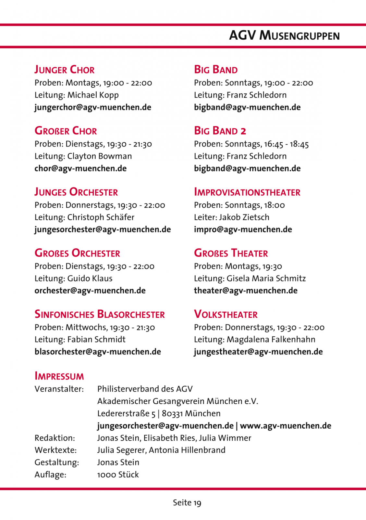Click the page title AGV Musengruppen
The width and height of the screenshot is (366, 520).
click(x=284, y=35)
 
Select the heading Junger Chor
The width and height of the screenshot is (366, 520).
click(x=65, y=70)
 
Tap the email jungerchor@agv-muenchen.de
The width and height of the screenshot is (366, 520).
click(x=93, y=108)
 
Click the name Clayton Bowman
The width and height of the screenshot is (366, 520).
click(x=100, y=156)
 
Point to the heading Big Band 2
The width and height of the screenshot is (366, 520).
click(x=220, y=131)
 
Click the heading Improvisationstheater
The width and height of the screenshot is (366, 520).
click(x=247, y=192)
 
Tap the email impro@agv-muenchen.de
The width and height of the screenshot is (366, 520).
click(x=243, y=230)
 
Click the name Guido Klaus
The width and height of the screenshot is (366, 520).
click(x=90, y=279)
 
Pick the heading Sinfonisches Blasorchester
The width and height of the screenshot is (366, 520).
click(x=100, y=314)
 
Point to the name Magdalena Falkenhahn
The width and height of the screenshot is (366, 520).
click(x=271, y=340)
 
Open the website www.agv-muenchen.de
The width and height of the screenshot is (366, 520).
click(x=286, y=426)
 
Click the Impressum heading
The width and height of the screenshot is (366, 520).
click(x=59, y=376)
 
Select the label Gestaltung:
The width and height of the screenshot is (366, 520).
click(x=57, y=462)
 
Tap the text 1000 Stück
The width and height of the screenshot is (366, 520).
click(x=118, y=475)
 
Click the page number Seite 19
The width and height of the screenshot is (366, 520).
click(x=187, y=503)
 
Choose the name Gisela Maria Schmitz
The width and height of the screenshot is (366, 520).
click(x=266, y=279)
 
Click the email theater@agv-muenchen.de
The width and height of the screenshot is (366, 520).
click(x=246, y=291)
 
